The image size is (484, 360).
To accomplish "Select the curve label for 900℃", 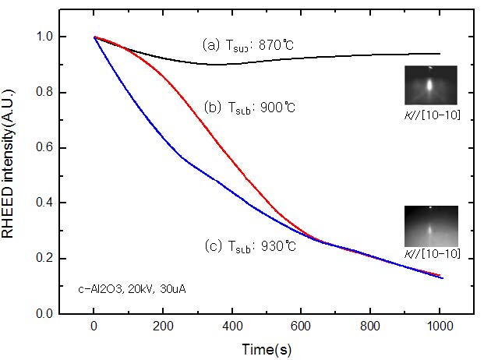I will tap(251, 107).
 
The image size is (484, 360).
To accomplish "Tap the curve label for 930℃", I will tap(249, 247).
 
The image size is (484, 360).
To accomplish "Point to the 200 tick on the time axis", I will tap(163, 328).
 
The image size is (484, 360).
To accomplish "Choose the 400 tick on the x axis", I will tap(232, 328).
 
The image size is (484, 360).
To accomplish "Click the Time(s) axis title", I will tap(267, 349).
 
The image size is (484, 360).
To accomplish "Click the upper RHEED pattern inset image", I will tap(431, 85).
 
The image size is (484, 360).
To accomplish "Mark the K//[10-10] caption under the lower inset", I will tap(432, 254).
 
